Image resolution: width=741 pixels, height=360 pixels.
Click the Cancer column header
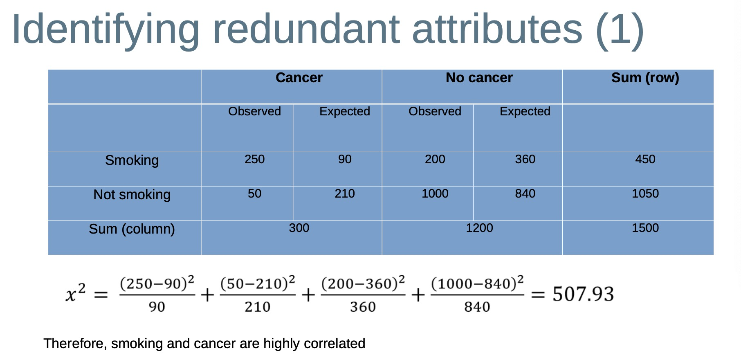point(299,78)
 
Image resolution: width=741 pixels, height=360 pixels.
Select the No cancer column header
point(479,78)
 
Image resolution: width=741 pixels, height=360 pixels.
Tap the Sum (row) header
point(645,78)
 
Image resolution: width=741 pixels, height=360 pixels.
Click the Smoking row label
point(132,160)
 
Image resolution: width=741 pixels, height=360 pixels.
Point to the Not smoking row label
point(132,195)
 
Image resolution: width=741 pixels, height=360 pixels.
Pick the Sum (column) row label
point(132,229)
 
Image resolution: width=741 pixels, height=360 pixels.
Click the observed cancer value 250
point(254,159)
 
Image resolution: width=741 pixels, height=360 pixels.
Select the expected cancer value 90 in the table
point(345,159)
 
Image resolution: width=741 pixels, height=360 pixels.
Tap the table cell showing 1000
point(435,193)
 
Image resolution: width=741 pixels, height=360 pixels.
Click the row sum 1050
point(645,193)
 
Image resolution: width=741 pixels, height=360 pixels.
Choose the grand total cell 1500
point(645,228)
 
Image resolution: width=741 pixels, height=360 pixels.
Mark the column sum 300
point(299,228)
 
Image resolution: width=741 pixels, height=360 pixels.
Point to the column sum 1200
point(479,228)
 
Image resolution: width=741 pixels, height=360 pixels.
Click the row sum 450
point(645,159)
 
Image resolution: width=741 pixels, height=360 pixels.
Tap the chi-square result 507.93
point(583,294)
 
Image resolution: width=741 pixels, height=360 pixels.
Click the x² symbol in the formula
point(76,292)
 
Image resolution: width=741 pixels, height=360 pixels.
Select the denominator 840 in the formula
point(477,306)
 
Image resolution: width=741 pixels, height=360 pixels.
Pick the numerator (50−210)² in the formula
point(258,283)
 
